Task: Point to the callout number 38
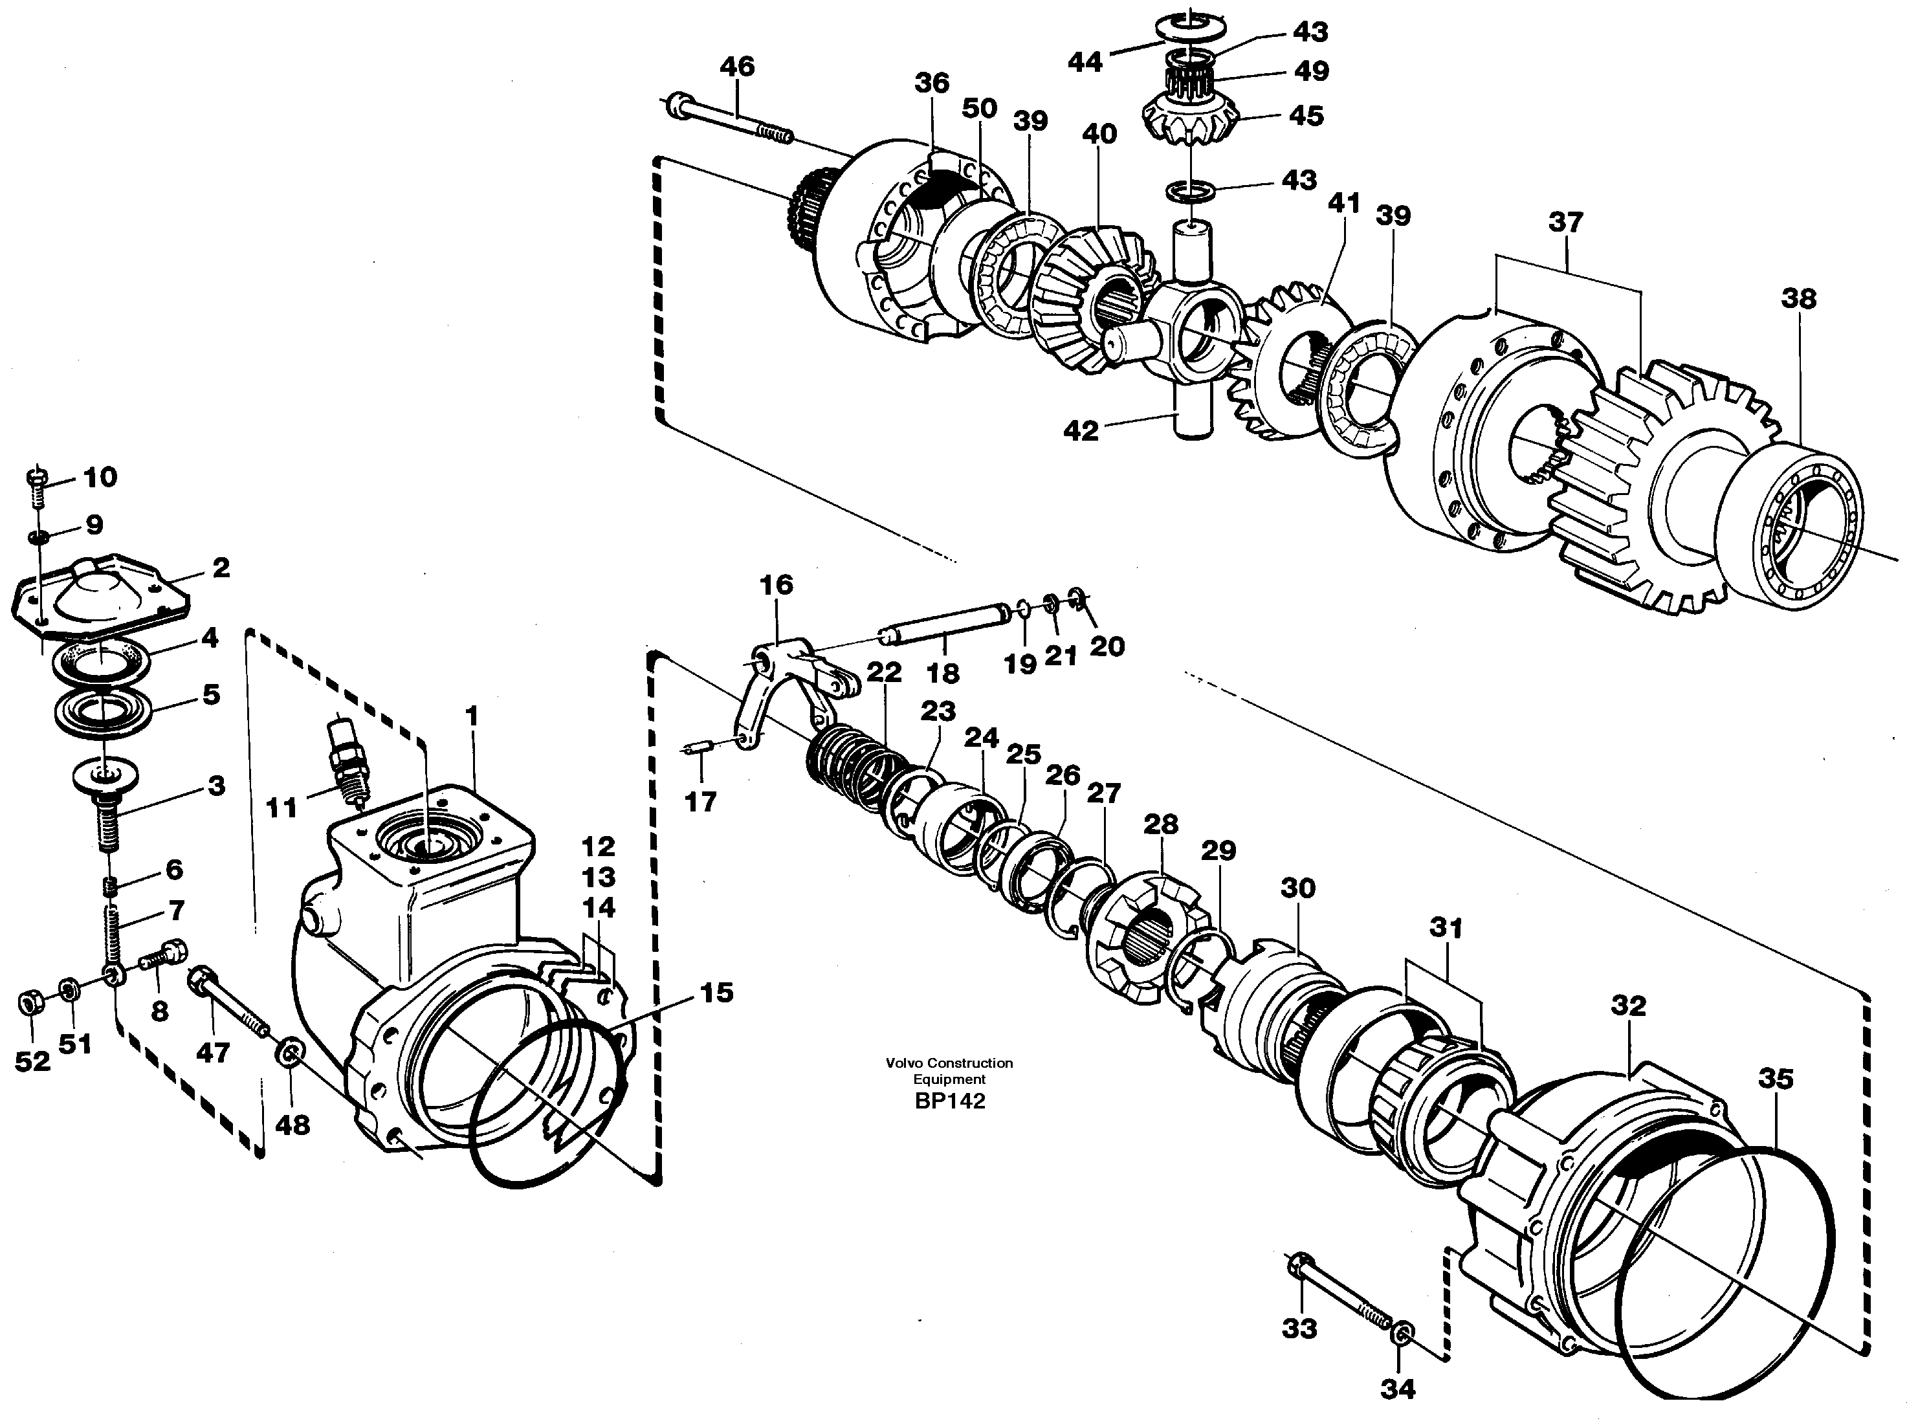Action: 1798,299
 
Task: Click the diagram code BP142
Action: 950,1101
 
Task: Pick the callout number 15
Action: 716,992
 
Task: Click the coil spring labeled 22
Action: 853,762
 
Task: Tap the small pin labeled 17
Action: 698,749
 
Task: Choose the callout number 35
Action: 1775,1079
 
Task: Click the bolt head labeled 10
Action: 36,476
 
